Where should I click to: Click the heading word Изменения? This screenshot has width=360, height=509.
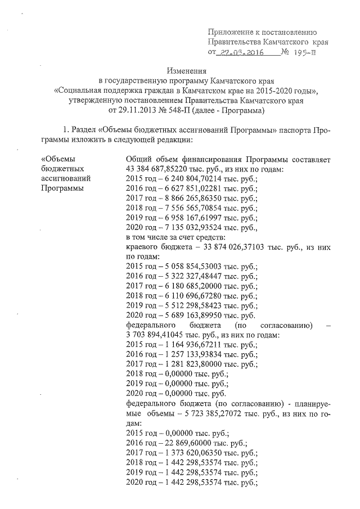click(185, 71)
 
